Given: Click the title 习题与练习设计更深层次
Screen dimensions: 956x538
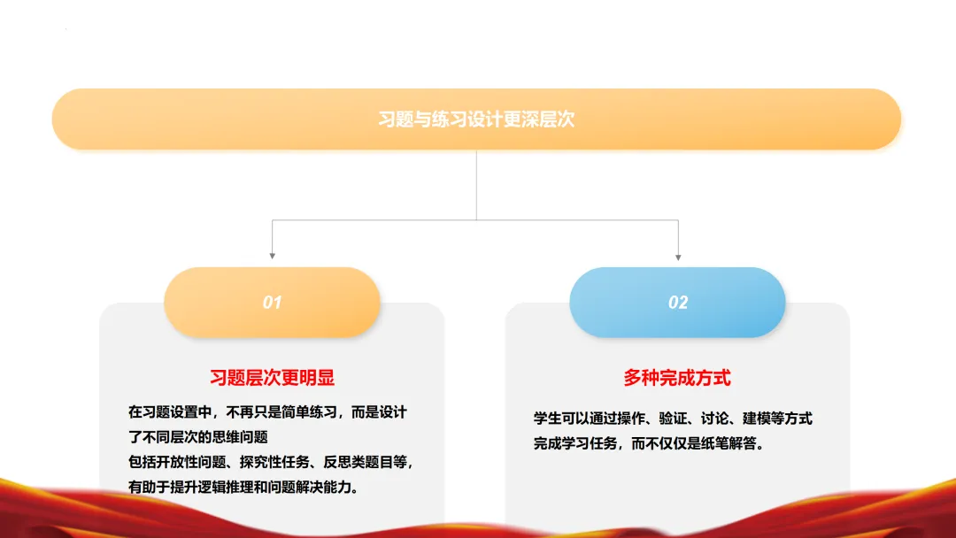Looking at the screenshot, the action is click(x=476, y=119).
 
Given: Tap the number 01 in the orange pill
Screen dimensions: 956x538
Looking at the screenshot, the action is click(x=272, y=303).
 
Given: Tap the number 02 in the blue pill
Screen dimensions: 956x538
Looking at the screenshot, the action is click(x=677, y=303).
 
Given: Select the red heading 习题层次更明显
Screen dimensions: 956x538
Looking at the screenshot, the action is click(x=272, y=378).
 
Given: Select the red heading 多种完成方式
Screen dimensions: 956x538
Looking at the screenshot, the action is click(x=677, y=378).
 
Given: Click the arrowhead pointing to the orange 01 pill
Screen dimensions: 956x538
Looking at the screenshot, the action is click(x=272, y=256).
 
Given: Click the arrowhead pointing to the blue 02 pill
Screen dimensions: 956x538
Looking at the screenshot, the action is click(x=678, y=256).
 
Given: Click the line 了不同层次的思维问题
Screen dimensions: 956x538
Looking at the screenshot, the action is click(x=197, y=436).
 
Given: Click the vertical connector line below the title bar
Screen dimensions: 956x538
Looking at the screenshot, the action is click(x=476, y=184).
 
